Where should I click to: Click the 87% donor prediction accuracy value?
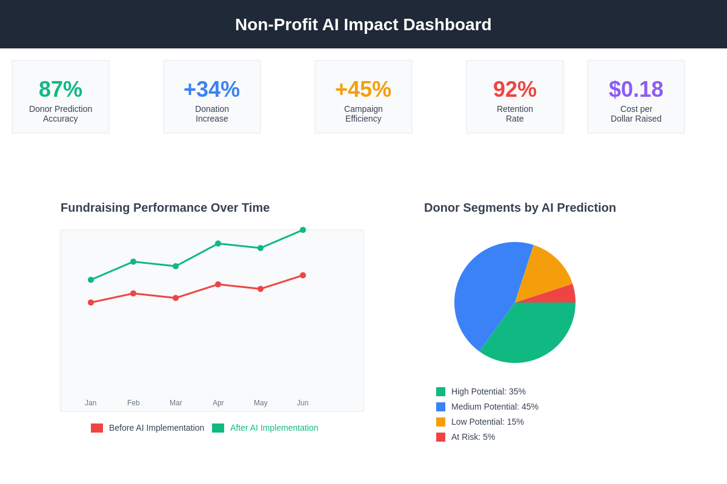(61, 90)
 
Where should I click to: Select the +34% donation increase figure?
(212, 90)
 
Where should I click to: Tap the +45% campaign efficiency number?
(363, 90)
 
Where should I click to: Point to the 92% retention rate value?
(515, 90)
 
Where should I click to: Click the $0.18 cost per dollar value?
(636, 90)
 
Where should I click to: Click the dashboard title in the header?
(363, 25)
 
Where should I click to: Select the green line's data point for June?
(303, 230)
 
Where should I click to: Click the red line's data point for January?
(91, 302)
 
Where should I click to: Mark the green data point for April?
(218, 243)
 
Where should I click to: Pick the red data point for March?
(176, 298)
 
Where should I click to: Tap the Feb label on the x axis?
(133, 403)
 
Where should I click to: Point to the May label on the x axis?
(261, 403)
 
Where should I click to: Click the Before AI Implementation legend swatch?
(97, 428)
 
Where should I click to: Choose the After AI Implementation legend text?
(274, 428)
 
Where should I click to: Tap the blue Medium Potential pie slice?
(485, 290)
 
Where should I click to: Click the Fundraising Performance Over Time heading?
(165, 208)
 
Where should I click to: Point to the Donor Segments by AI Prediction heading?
(520, 208)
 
